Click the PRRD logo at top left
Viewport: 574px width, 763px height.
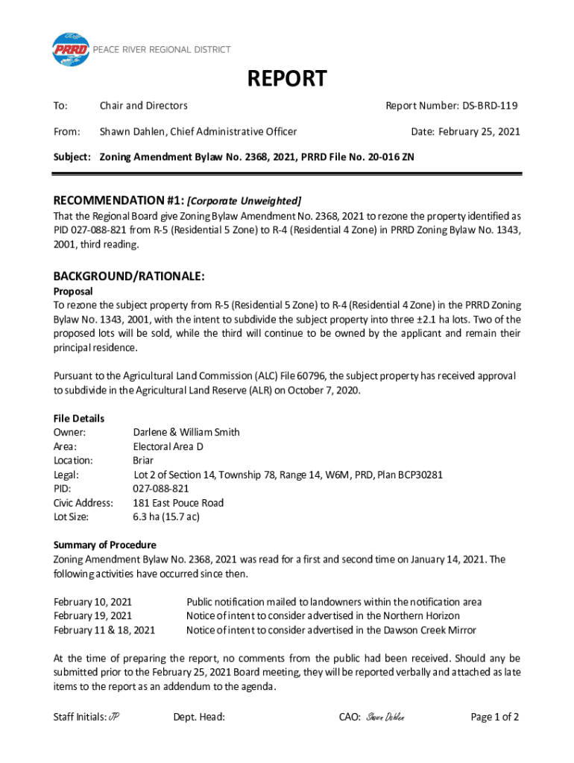click(x=70, y=50)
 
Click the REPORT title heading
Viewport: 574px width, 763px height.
click(x=287, y=79)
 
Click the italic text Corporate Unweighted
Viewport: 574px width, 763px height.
click(x=244, y=200)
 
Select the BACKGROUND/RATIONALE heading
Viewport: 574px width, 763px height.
click(x=129, y=276)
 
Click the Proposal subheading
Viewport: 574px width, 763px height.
click(x=73, y=291)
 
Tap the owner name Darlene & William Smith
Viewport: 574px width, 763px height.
click(x=186, y=432)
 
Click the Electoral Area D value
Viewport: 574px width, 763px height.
click(x=168, y=446)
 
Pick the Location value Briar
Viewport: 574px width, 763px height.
click(x=143, y=460)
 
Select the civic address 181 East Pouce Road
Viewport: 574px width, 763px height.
click(x=178, y=503)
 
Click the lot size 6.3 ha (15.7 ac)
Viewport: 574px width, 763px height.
click(x=166, y=516)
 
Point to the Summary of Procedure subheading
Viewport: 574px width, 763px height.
click(x=105, y=545)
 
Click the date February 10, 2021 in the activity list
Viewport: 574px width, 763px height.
click(x=92, y=601)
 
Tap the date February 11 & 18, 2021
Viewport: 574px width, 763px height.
click(x=104, y=630)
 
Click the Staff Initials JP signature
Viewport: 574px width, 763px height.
click(x=114, y=718)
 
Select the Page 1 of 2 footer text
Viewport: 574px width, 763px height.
click(x=495, y=718)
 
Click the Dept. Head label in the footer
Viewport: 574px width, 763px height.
click(x=199, y=718)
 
